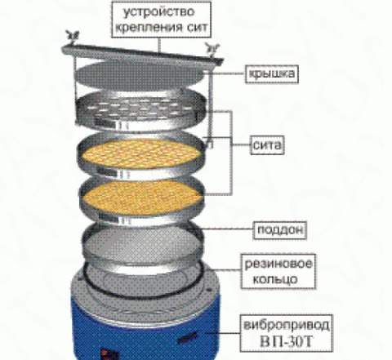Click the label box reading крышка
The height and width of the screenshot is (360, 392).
coord(272,73)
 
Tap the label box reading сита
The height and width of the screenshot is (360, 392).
coord(267,145)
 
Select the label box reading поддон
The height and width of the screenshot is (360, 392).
coord(280,230)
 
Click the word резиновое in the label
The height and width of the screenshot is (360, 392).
coord(278,264)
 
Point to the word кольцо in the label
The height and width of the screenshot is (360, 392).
coord(275,279)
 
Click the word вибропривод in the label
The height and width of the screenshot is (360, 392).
coord(286,326)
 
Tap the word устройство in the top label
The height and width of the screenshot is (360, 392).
coord(159,12)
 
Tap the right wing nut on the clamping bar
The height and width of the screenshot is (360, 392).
coord(212,49)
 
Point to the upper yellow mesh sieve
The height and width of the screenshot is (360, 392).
coord(140,156)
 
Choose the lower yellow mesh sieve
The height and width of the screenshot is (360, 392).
coord(141,198)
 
